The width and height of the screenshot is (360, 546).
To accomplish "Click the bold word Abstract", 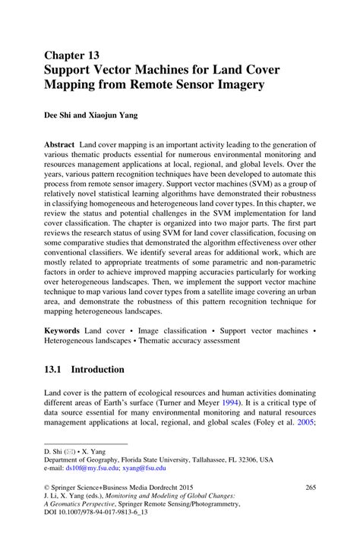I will [x=59, y=144].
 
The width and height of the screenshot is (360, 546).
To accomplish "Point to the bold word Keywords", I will [x=63, y=332].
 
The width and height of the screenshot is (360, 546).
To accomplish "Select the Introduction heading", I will [x=98, y=370].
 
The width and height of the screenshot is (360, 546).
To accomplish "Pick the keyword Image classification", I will [x=164, y=332].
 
